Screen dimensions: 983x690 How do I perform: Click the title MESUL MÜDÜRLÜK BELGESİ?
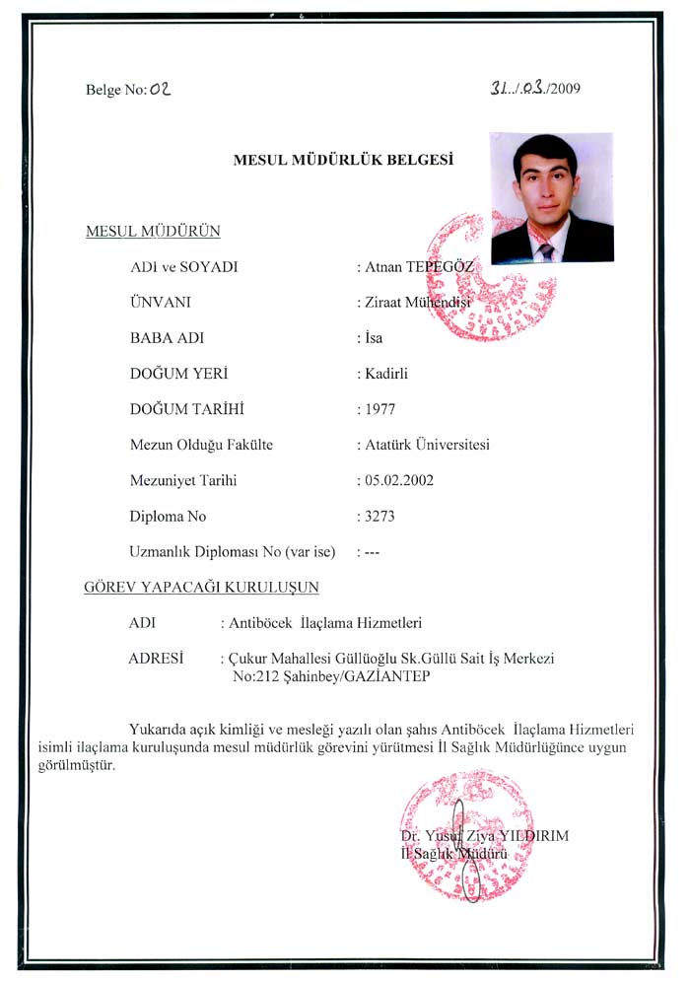tap(342, 158)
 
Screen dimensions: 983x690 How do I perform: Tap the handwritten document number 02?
tap(161, 89)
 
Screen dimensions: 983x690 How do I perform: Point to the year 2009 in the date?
tap(565, 89)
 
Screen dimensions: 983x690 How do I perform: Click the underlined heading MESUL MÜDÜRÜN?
tap(153, 232)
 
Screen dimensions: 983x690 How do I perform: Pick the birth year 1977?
tap(380, 408)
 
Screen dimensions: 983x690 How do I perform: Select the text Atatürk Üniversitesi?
tap(427, 445)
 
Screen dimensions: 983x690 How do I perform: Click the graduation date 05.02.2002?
tap(398, 480)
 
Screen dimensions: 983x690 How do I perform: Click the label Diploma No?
tap(168, 516)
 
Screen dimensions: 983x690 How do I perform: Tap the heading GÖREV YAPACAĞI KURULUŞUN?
tap(202, 588)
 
